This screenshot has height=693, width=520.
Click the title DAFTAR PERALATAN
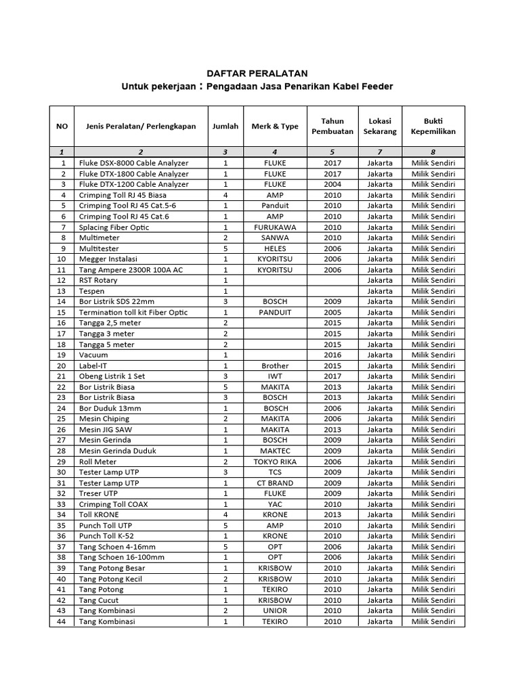[x=257, y=73]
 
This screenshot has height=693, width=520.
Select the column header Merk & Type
[x=274, y=126]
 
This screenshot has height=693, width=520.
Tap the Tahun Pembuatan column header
[x=332, y=126]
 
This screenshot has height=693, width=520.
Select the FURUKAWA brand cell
[x=274, y=227]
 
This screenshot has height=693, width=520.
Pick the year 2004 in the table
[x=332, y=184]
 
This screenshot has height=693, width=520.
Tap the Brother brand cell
[x=274, y=365]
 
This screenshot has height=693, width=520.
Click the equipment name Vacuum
[x=93, y=355]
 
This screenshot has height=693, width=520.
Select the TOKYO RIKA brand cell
[x=274, y=462]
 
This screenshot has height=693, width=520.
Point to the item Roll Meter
[x=99, y=462]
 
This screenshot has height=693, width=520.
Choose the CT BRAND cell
[x=274, y=483]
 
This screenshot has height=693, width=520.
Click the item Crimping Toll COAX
[x=113, y=504]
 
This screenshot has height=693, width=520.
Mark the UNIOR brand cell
[x=274, y=610]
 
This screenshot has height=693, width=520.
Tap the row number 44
[x=62, y=621]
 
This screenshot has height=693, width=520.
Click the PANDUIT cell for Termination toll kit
[x=274, y=312]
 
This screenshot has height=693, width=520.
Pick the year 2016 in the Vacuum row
[x=332, y=355]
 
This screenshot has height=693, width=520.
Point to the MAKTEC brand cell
[x=274, y=451]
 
